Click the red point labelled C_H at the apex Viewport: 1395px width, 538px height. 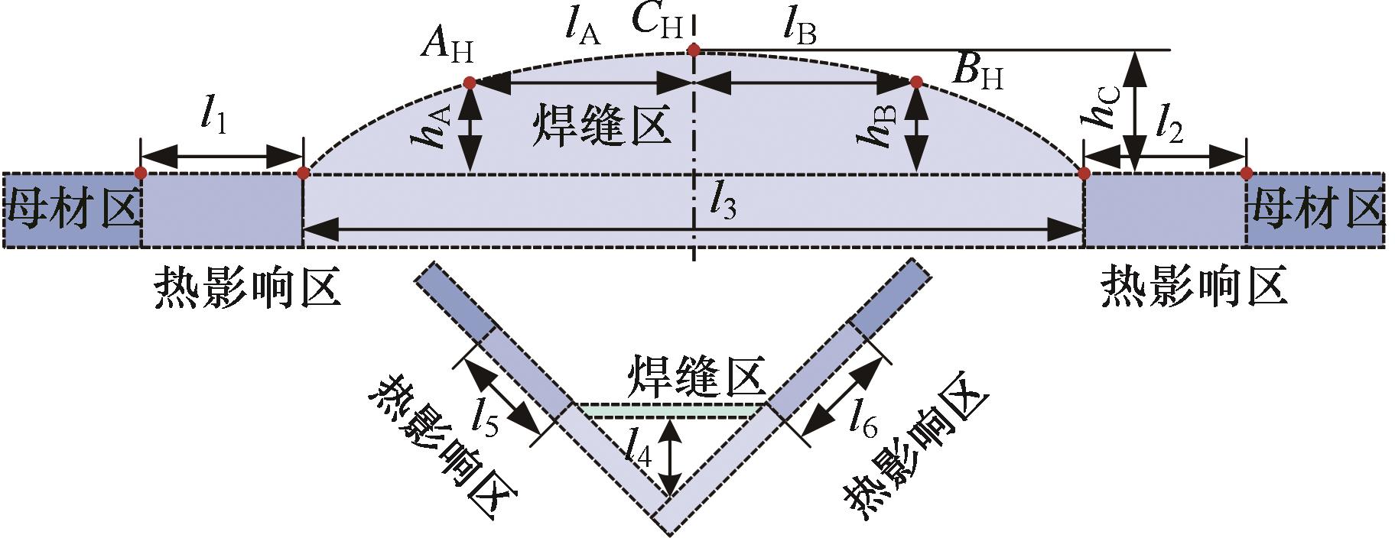pos(694,50)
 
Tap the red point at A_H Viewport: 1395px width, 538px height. pos(470,83)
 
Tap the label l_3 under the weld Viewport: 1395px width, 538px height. pos(723,201)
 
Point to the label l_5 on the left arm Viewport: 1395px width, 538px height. pos(486,416)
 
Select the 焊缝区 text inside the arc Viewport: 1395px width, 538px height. pos(601,126)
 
